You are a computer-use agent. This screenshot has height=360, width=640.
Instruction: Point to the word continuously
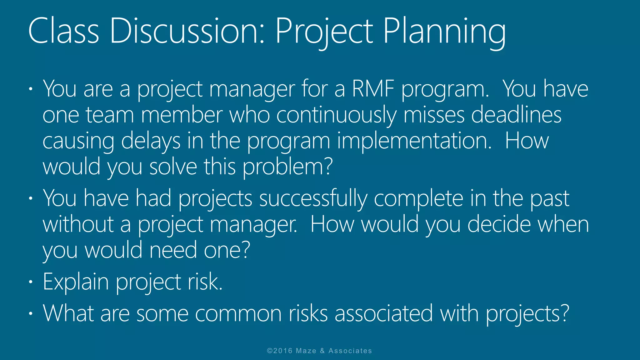click(337, 116)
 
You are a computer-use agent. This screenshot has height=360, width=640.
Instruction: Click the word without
click(78, 224)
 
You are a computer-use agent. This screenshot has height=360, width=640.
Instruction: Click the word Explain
click(76, 282)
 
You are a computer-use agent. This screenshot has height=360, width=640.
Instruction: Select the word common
click(238, 313)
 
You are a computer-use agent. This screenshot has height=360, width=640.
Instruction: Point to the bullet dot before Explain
click(30, 282)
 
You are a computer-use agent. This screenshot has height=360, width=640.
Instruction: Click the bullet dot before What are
click(30, 313)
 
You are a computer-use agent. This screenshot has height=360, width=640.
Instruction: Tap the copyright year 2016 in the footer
click(283, 351)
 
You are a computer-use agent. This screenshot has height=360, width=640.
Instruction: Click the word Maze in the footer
click(306, 351)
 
